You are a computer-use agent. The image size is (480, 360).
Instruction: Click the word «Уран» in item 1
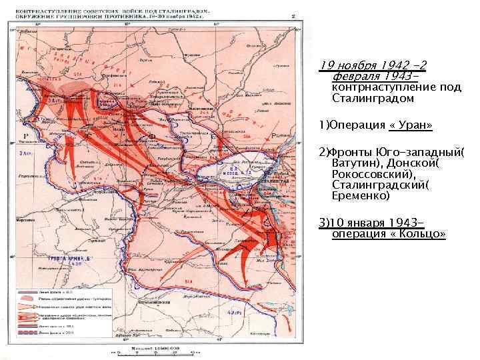tap(414, 125)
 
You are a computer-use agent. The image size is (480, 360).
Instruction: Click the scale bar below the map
tap(155, 353)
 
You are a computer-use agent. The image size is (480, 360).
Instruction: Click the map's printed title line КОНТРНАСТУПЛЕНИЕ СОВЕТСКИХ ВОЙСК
tap(63, 12)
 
